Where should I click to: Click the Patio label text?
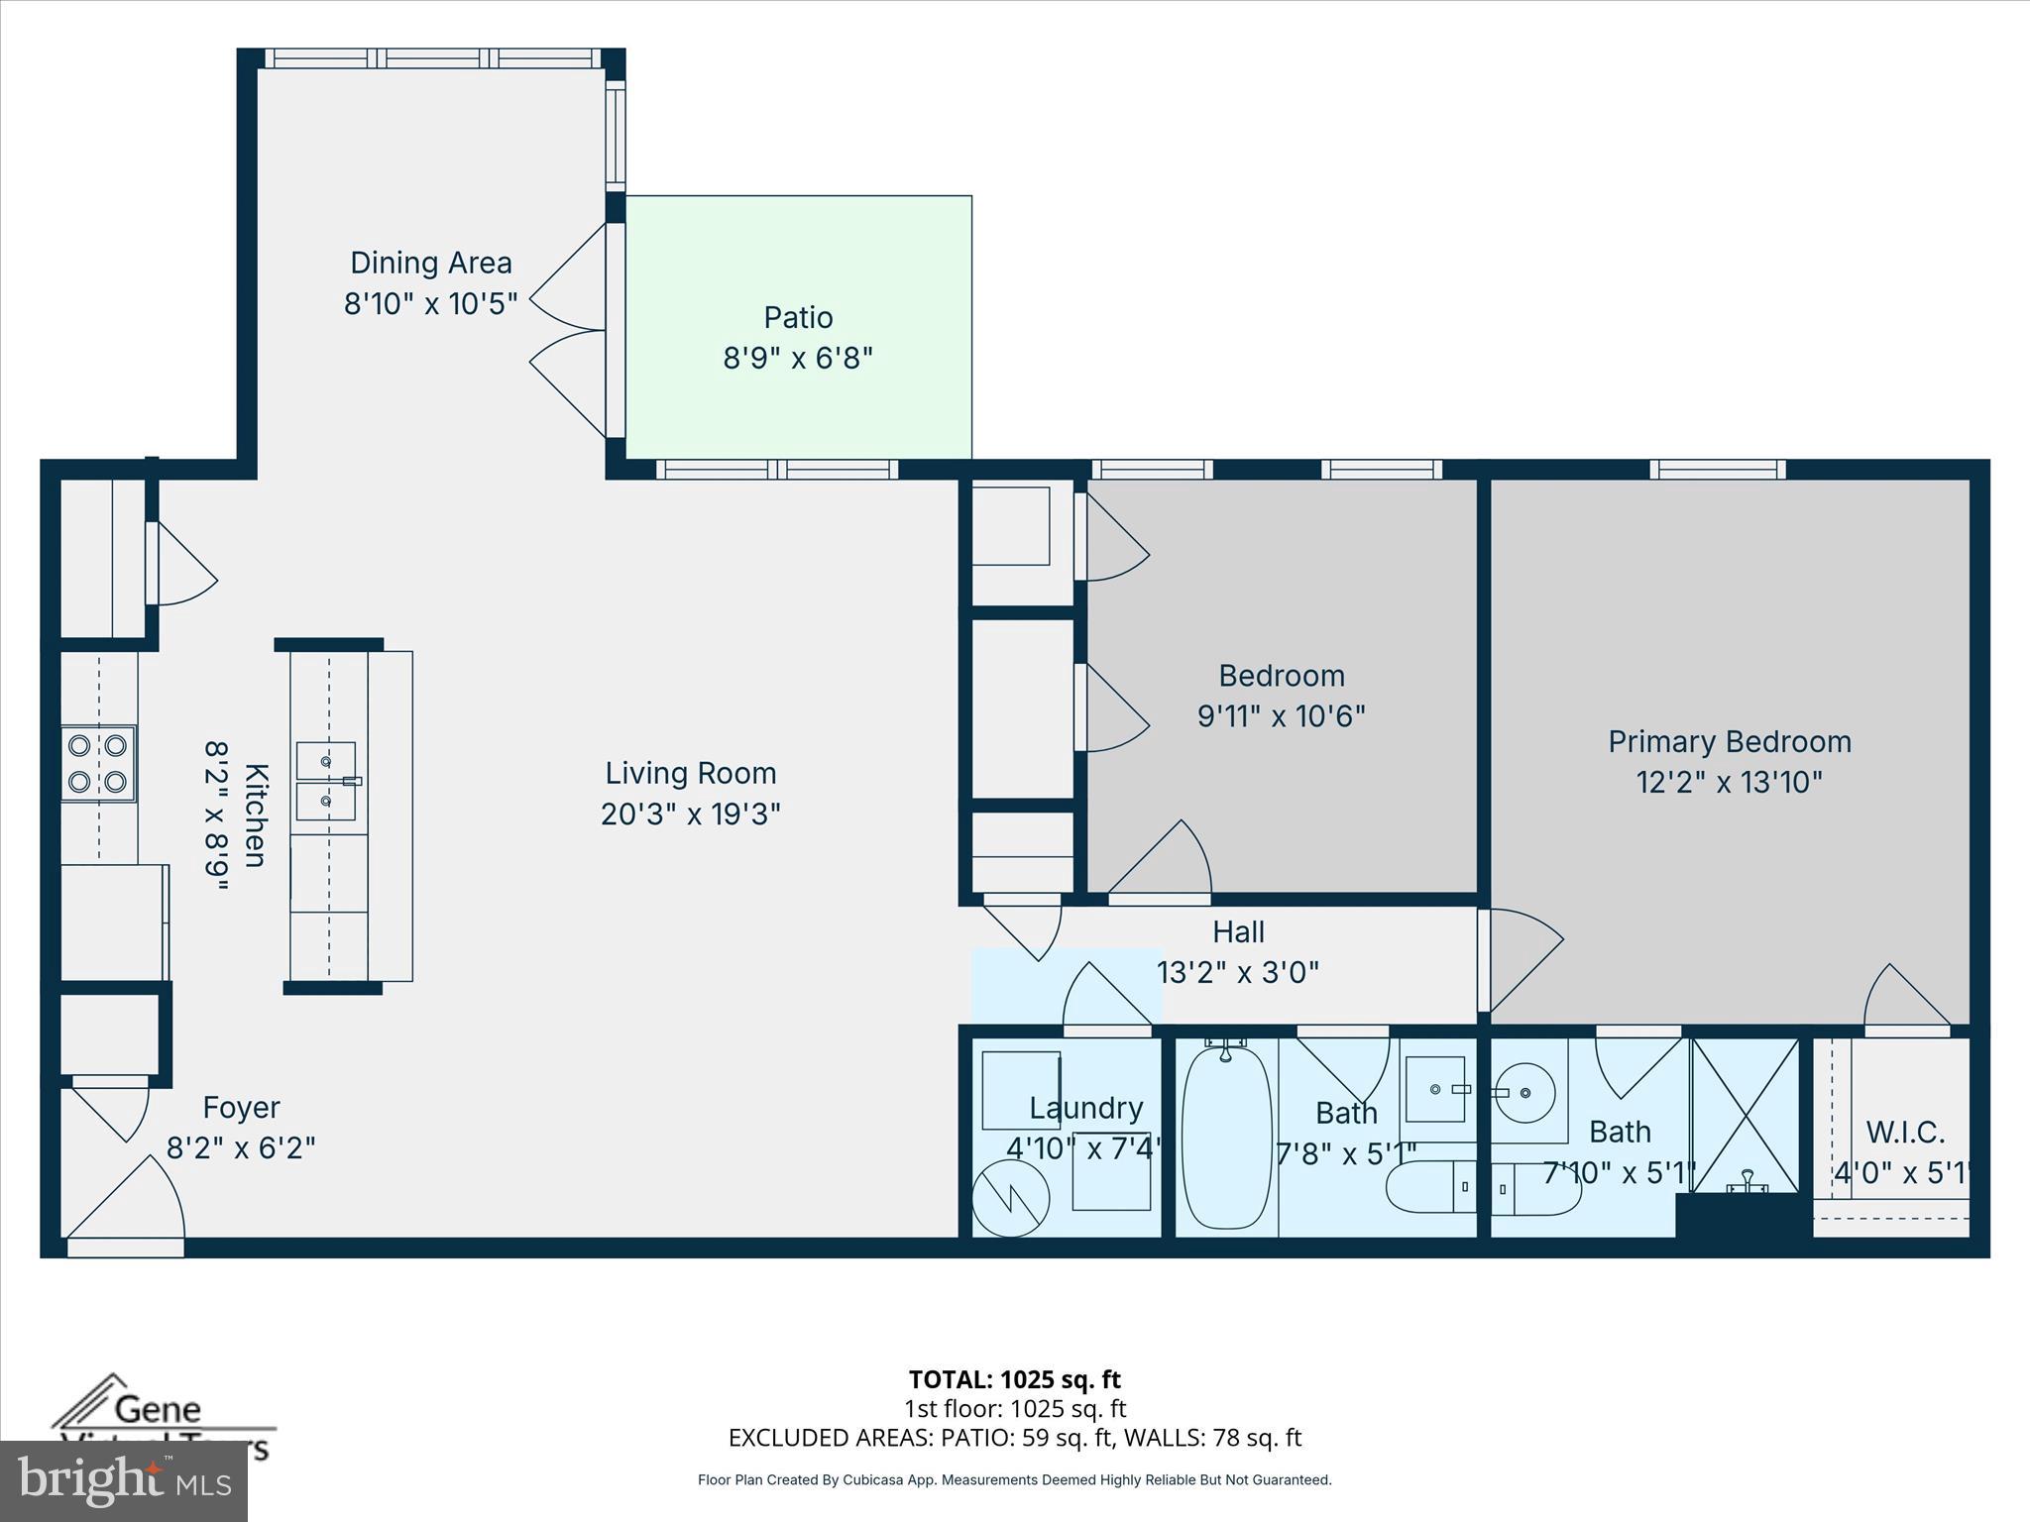tap(798, 317)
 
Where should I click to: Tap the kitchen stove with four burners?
tap(98, 764)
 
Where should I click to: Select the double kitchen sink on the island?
tap(326, 781)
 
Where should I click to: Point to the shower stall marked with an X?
tap(1745, 1115)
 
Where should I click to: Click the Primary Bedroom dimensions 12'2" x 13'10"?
tap(1729, 783)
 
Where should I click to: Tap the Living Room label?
tap(691, 773)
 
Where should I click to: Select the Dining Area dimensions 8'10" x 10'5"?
tap(430, 303)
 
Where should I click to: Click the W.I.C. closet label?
tap(1904, 1132)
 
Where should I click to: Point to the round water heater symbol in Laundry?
tap(1010, 1198)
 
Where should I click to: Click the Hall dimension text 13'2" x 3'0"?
tap(1238, 972)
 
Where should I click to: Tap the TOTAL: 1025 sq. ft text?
tap(1014, 1379)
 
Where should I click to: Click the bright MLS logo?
tap(124, 1481)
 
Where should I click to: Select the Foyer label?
tap(241, 1107)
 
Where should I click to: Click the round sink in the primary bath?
tap(1525, 1093)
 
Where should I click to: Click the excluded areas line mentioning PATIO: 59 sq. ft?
tap(1014, 1438)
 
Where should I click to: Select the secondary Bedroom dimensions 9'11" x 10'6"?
tap(1281, 716)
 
